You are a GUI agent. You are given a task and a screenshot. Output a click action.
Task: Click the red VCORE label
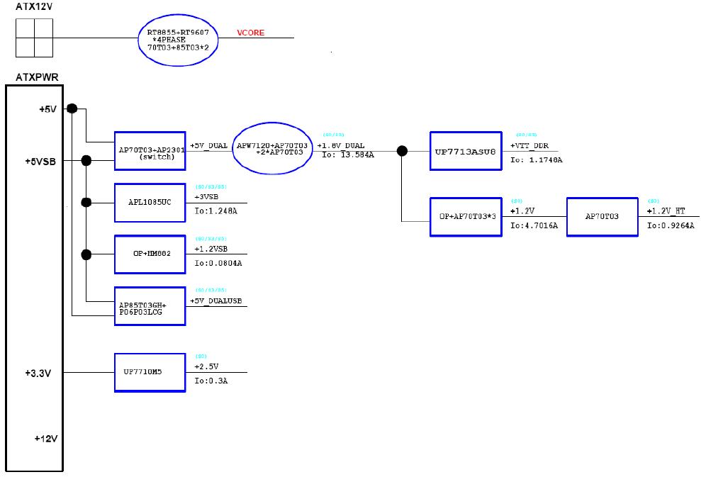pos(250,33)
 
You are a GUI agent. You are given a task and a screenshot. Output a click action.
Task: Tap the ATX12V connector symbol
pos(34,38)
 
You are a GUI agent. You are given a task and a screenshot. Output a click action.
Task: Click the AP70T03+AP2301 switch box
pos(150,150)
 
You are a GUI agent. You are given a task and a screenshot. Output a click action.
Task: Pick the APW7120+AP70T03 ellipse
pos(272,149)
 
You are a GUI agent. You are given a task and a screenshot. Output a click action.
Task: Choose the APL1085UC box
pos(150,203)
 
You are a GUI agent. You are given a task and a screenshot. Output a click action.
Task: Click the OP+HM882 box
pos(150,254)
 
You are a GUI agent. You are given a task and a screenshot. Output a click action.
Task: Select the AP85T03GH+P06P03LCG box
pos(150,306)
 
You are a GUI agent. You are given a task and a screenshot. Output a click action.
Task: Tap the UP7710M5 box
pos(150,372)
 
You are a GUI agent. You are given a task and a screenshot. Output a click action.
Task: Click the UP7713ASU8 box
pos(466,150)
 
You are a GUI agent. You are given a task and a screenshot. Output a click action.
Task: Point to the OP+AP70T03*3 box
pos(466,216)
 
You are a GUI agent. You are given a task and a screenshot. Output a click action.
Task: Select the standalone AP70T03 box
pos(602,216)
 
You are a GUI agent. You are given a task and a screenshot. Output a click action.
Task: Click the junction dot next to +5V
pos(72,108)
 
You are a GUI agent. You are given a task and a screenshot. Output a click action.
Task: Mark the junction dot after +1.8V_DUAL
pos(402,150)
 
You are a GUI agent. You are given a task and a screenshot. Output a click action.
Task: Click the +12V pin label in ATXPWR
pos(45,439)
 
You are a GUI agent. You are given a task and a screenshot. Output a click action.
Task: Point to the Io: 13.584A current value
pos(347,155)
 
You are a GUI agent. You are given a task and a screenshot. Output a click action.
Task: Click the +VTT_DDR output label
pos(529,145)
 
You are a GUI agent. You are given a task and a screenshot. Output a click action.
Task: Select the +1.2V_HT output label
pos(666,211)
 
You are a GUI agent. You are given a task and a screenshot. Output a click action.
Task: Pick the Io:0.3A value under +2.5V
pos(211,381)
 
